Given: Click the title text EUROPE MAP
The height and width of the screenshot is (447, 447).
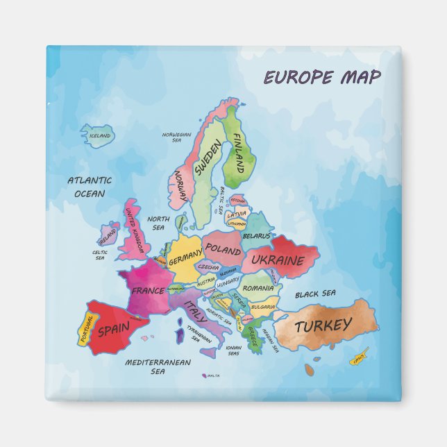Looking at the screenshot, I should pos(321,77).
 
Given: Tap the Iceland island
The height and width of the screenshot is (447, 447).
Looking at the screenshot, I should pos(98,135).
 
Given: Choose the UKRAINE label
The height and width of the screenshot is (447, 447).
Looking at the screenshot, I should pos(278,260).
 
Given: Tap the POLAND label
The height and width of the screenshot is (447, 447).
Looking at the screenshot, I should pos(223,248).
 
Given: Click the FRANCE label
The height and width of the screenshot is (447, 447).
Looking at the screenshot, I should pos(148,290).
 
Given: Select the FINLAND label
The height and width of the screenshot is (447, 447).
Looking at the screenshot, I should pos(237,153).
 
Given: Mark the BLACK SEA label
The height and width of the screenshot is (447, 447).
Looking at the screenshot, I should pos(315,294).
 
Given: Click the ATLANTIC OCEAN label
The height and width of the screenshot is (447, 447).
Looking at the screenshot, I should pos(90,187).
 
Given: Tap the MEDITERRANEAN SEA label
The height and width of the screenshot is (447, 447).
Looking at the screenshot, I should pos(158,366).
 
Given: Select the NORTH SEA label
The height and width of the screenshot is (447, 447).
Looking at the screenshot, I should pos(158,223).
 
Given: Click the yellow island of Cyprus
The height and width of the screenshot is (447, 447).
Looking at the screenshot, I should pos(358,360).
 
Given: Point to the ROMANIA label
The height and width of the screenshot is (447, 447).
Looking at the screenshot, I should pos(258,287).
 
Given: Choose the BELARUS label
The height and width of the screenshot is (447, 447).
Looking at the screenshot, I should pos(256,236).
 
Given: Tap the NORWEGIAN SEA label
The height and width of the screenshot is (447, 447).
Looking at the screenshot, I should pos(176,137).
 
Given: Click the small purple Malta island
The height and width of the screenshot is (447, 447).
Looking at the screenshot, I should pos(205,376).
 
